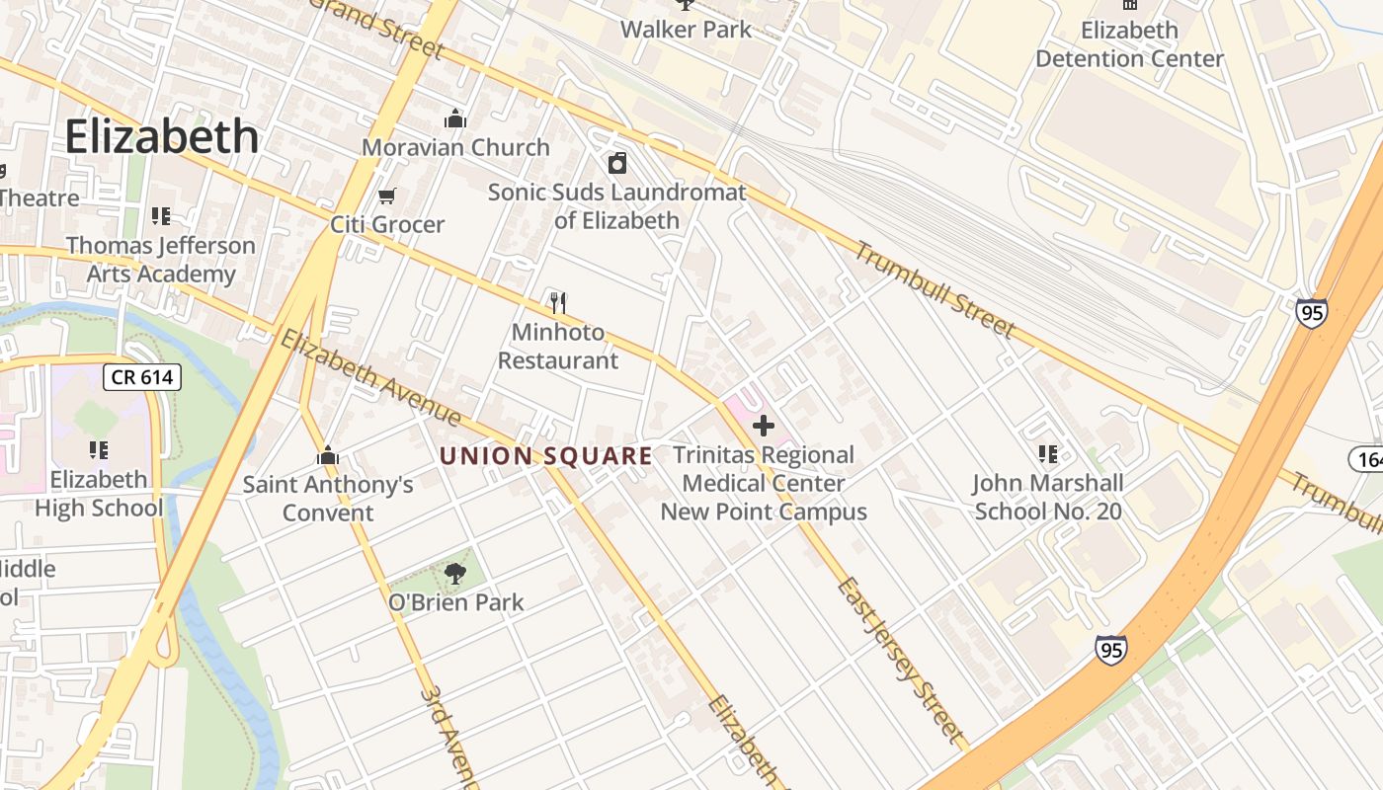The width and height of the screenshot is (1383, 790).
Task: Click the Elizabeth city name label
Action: click(x=162, y=136)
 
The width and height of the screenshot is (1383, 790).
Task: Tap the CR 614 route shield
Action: click(x=143, y=376)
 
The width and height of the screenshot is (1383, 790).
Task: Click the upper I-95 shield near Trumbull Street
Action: click(x=1312, y=314)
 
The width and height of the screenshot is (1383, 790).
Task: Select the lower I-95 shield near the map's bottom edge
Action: click(x=1110, y=650)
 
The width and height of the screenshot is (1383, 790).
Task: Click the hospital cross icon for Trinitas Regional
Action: click(x=763, y=426)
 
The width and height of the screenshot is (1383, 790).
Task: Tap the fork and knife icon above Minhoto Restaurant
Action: click(x=558, y=302)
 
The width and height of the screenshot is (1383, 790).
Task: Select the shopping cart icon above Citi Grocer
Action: click(x=387, y=197)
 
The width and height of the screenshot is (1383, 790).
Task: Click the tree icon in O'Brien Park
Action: click(x=454, y=573)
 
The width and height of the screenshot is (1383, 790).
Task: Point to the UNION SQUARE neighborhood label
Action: click(x=545, y=456)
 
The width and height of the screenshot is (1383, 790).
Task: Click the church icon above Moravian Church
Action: click(x=455, y=119)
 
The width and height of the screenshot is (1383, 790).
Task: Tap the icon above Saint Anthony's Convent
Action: click(x=328, y=456)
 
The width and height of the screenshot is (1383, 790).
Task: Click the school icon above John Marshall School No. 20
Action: click(x=1048, y=454)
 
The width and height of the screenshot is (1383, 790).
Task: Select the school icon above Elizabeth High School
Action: click(x=99, y=450)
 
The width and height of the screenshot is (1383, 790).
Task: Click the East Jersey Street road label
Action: click(x=898, y=660)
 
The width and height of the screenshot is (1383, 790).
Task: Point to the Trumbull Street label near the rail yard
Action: click(x=934, y=288)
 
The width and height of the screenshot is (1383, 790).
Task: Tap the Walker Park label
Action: click(x=686, y=30)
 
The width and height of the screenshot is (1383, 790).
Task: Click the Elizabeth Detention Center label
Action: click(x=1129, y=44)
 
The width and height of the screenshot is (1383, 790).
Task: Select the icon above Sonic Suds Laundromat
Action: click(x=617, y=163)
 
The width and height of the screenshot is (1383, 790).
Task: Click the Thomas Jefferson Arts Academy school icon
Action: click(x=160, y=216)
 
